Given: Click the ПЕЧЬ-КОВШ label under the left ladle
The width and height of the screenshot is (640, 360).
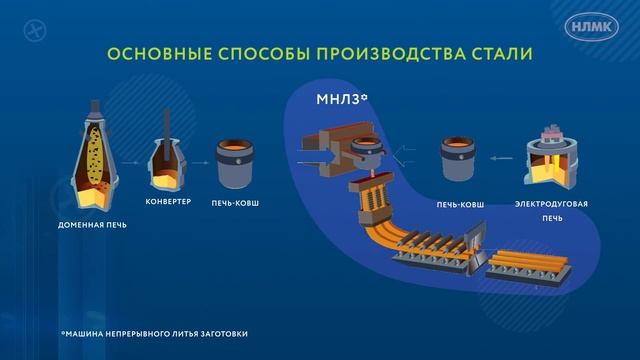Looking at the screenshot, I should coord(238,204).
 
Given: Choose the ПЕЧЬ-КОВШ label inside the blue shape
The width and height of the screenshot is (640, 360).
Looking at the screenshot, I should coord(461,204).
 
